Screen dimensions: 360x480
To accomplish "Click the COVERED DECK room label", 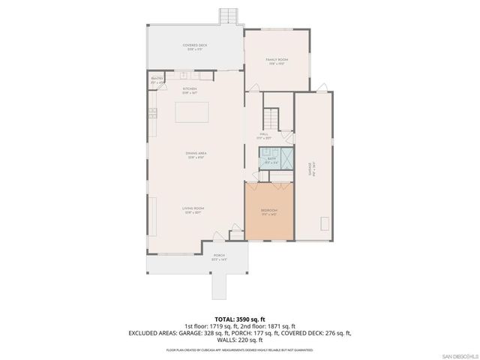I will [194, 46].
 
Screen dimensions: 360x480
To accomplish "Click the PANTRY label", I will [157, 79].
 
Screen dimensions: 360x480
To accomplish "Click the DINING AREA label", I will [196, 154].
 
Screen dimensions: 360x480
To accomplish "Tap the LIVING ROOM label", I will [193, 209].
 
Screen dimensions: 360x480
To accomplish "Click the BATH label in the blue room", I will [270, 160].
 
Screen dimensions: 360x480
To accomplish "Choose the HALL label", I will [264, 136].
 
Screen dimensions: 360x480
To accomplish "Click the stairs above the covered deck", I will [226, 16].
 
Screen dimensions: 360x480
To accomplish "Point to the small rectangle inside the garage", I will [325, 223].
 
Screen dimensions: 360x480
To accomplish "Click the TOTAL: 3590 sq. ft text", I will [240, 319].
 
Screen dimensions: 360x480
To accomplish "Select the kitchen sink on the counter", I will [182, 75].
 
